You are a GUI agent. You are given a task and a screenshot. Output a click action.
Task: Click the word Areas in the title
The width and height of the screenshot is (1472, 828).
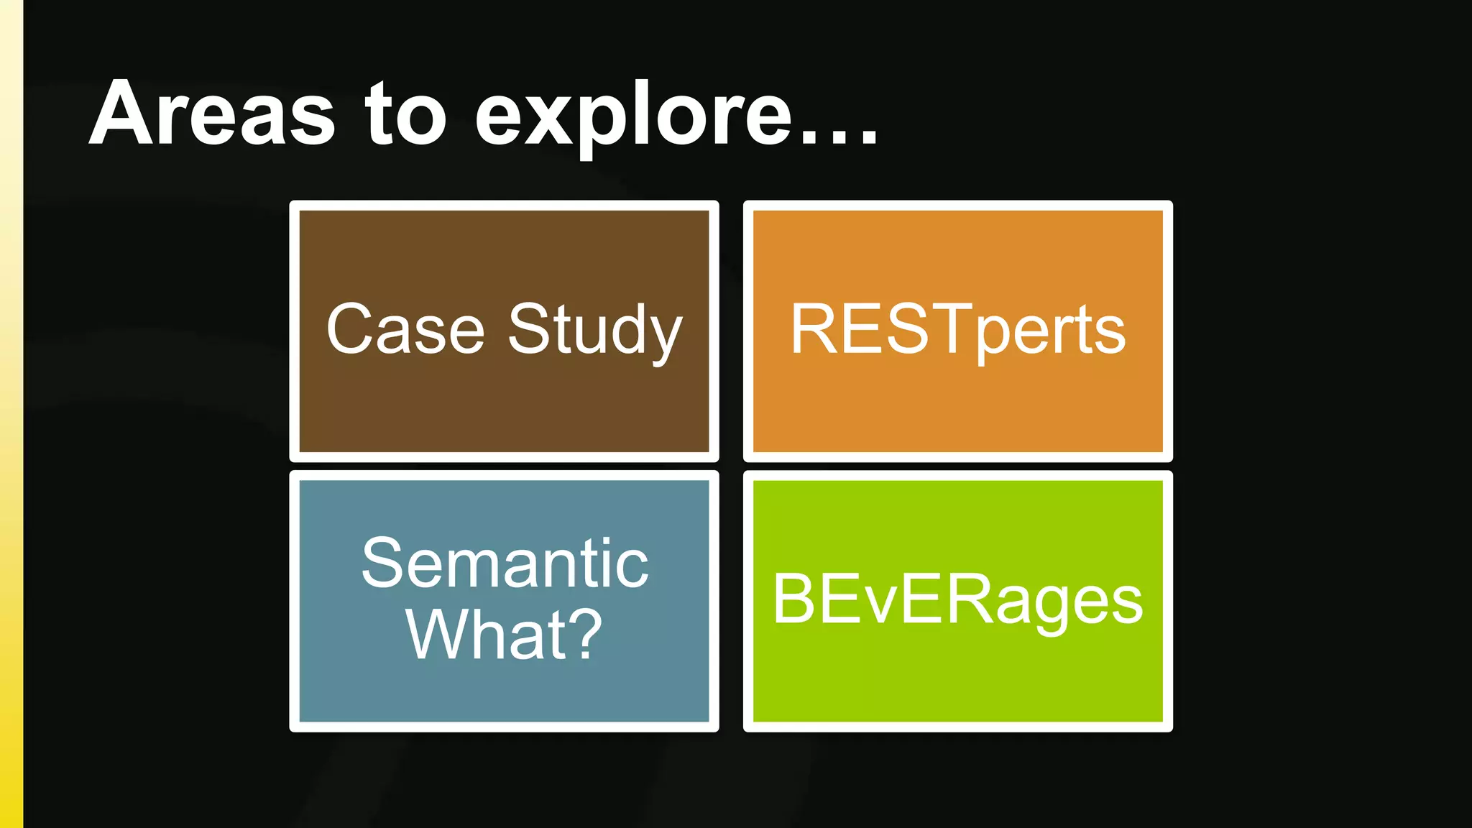pos(212,114)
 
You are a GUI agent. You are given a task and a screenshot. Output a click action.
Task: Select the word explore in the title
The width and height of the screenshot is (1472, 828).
pos(632,115)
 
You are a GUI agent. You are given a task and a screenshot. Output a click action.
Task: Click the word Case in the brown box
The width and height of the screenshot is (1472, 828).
pos(405,329)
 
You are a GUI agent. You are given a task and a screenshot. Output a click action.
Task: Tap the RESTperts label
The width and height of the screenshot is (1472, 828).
pos(957,329)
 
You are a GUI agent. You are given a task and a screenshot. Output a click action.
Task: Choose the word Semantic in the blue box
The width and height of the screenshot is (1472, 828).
pos(505,563)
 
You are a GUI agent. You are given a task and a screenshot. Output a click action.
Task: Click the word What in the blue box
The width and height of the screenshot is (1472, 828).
pos(477,634)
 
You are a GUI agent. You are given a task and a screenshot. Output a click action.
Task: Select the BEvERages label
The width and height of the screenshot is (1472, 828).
pos(957,599)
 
